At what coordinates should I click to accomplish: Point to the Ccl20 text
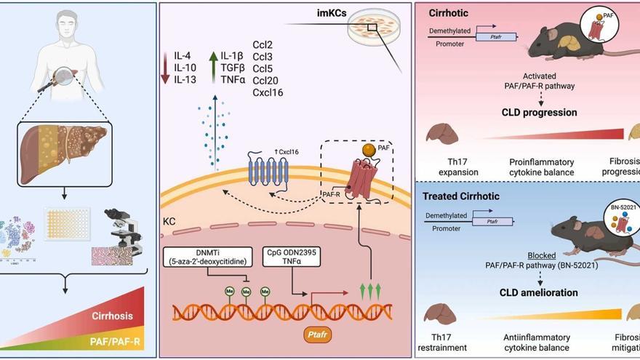[x=266, y=80]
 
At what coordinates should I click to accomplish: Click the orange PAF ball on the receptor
[x=369, y=153]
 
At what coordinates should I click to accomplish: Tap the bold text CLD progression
[x=539, y=113]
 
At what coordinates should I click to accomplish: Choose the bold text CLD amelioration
[x=539, y=293]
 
